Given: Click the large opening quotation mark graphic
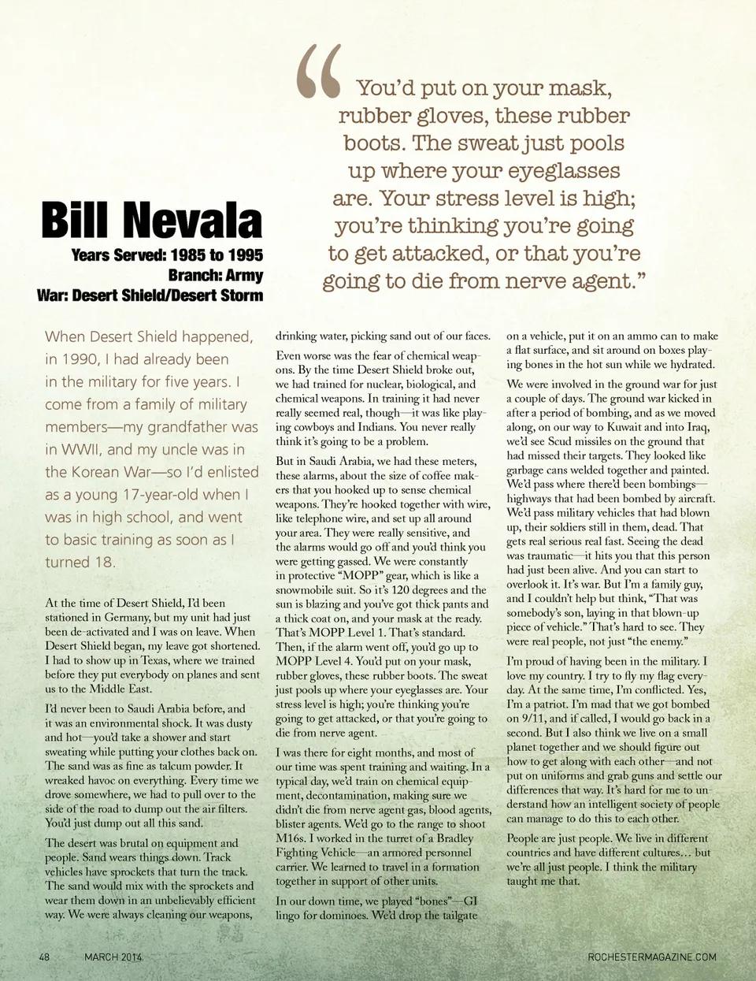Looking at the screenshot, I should click(x=319, y=72).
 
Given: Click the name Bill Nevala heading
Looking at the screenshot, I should click(x=151, y=220).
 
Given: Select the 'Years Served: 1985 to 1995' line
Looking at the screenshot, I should click(x=167, y=255).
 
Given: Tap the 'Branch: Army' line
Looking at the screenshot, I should click(x=215, y=275).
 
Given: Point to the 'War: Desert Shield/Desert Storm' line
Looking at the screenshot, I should click(x=150, y=295).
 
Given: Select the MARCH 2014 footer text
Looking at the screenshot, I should click(x=113, y=957).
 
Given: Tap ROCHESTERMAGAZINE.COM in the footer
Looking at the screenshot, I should click(x=652, y=957).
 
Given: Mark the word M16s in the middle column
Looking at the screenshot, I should click(x=291, y=838).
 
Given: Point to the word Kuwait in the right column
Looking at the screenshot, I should click(x=631, y=427).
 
